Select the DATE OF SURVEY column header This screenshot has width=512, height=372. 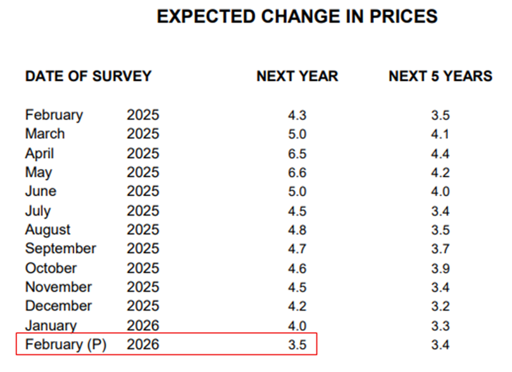point(88,77)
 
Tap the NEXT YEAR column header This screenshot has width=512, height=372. point(297,77)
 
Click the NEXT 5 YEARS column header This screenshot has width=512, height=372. point(440,77)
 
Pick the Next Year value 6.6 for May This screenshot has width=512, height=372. point(297,173)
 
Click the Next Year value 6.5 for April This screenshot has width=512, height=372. point(297,154)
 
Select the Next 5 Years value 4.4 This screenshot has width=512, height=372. point(440,154)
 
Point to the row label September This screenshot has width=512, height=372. point(61,249)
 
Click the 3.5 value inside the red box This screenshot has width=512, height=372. point(297,345)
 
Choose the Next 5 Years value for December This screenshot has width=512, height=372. point(440,306)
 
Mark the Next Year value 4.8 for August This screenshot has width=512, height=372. point(297,230)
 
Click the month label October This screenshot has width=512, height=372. point(51,268)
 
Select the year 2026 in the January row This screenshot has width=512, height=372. point(143,326)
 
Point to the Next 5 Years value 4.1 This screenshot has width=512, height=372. point(440,134)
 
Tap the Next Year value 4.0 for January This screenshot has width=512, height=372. point(297,326)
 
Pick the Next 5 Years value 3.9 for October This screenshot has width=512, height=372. point(440,268)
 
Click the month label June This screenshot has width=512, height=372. point(41,192)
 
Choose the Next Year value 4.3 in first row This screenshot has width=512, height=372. point(297,115)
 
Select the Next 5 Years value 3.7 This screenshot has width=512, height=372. point(440,249)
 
